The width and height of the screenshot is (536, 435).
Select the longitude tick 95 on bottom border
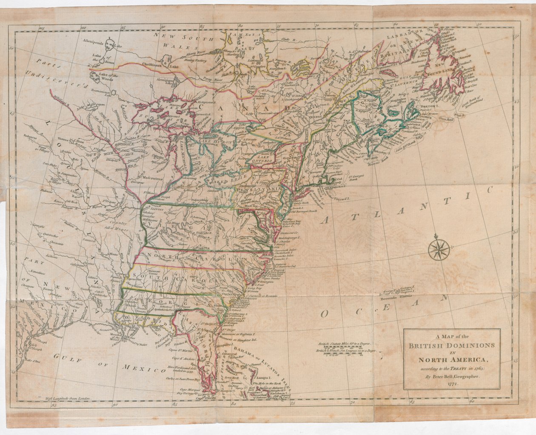[x=54, y=405]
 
